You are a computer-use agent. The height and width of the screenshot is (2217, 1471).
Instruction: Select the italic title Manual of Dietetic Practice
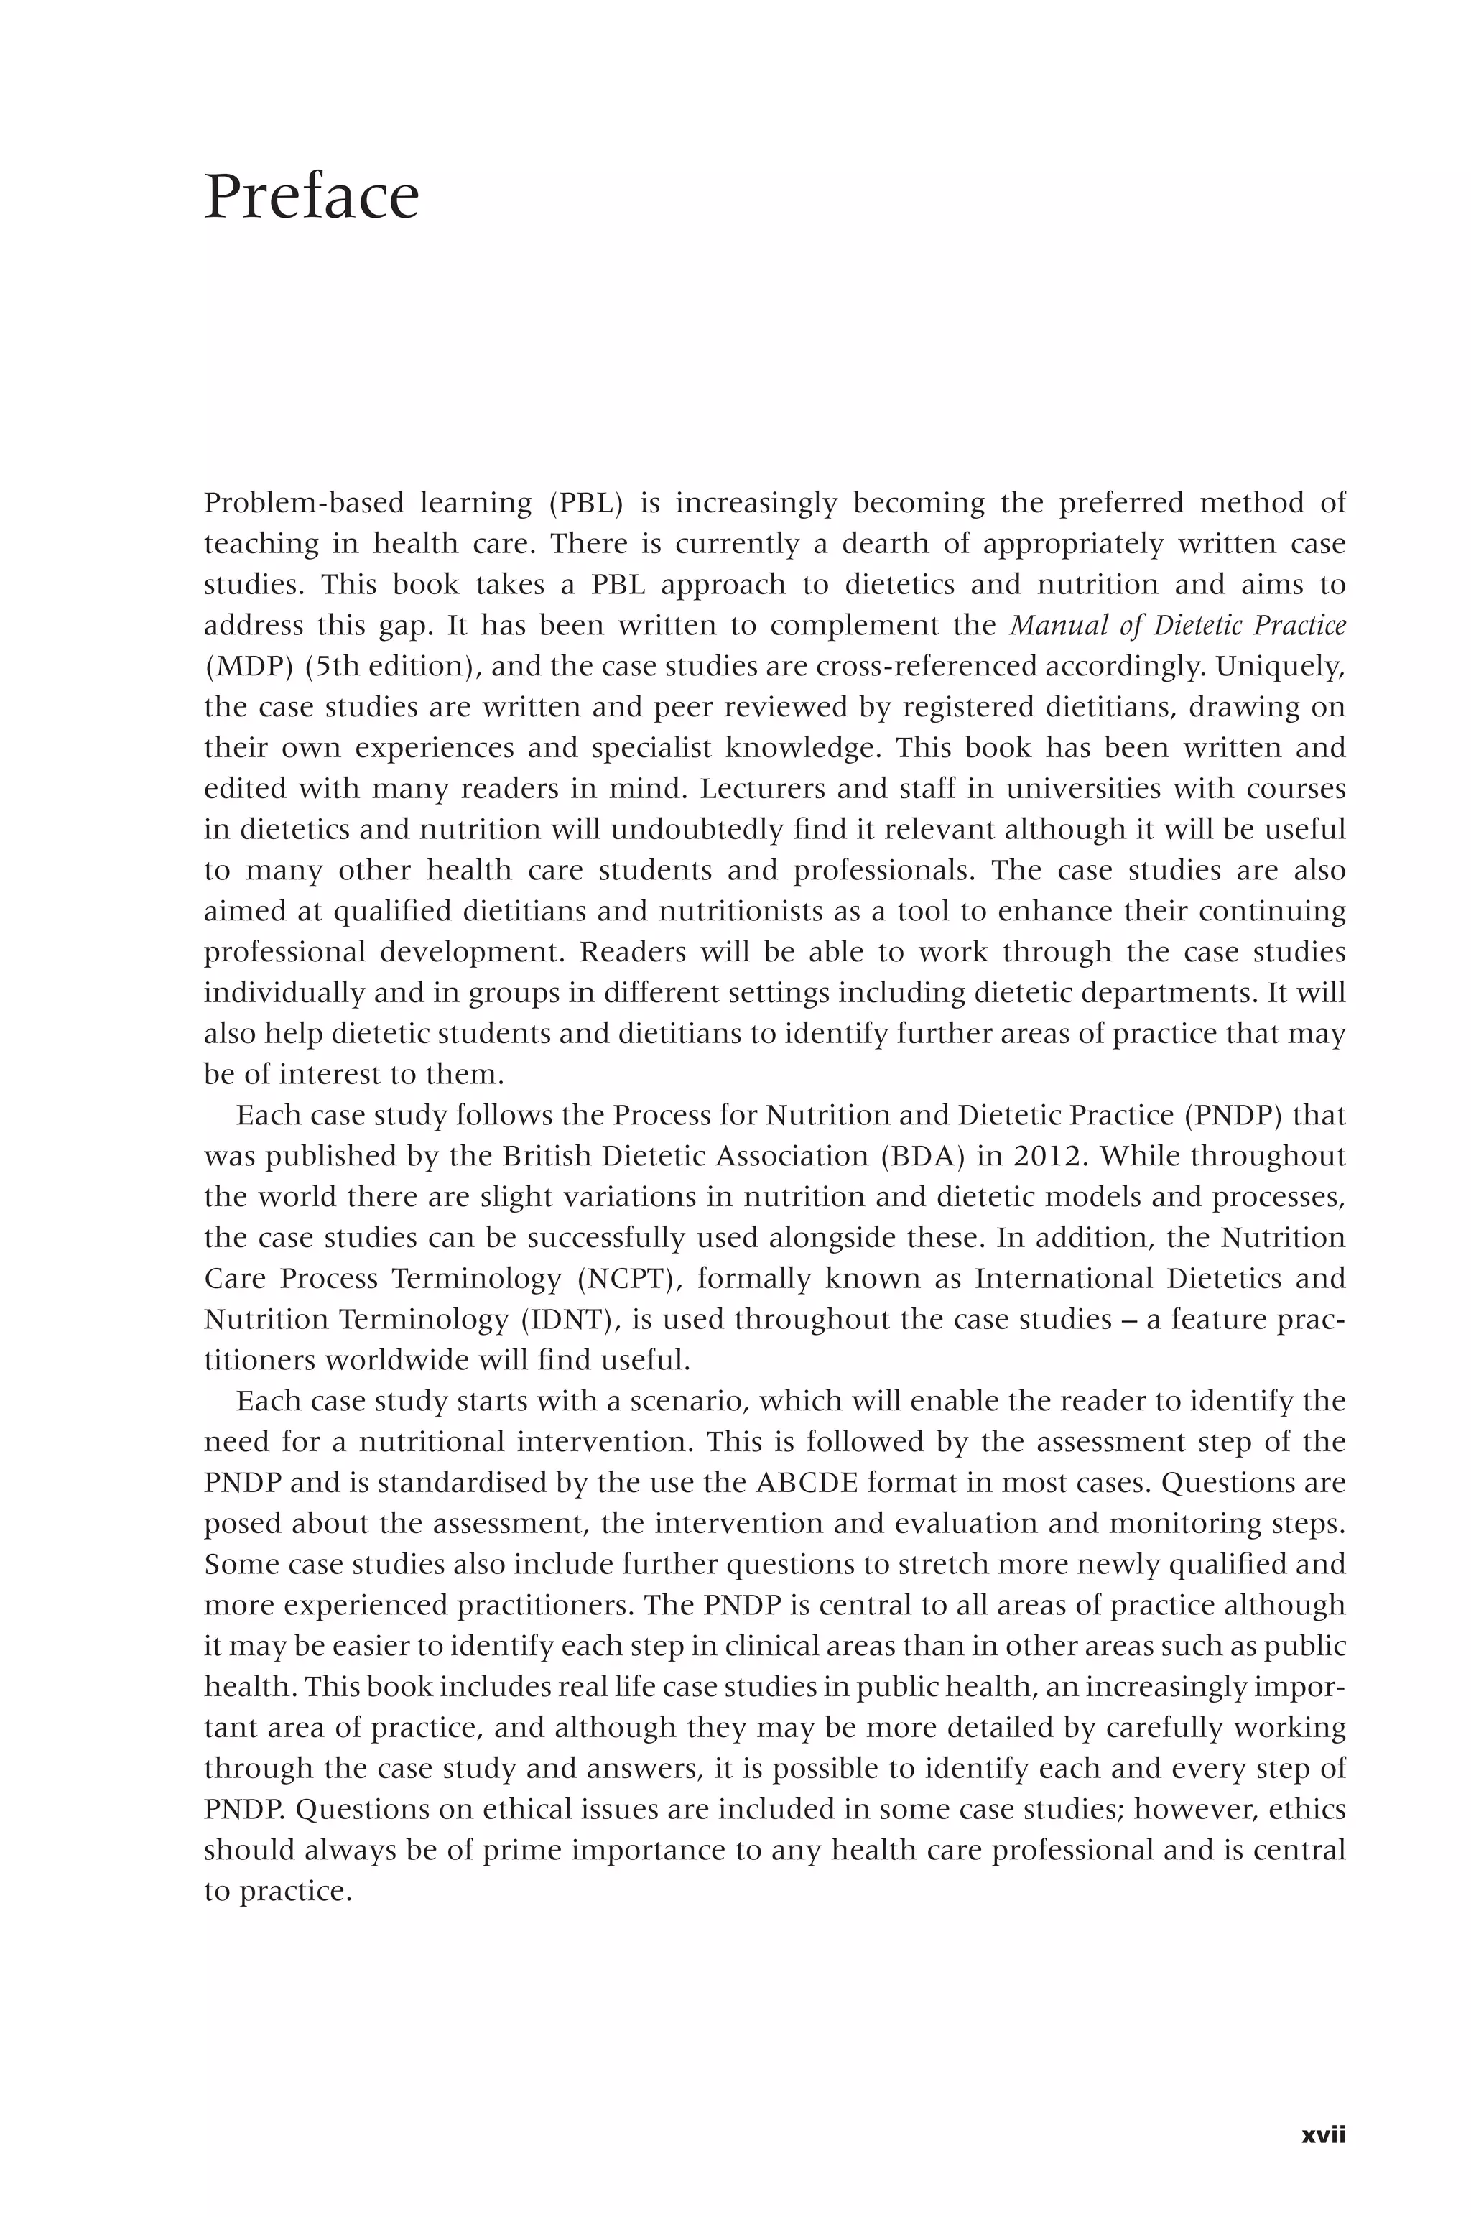point(1177,625)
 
